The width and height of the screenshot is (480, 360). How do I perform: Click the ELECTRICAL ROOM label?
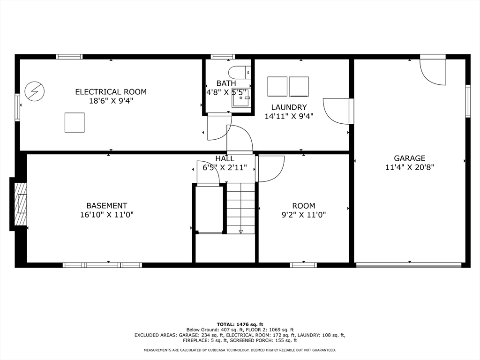[x=111, y=92]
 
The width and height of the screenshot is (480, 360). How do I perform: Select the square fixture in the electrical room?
[x=75, y=122]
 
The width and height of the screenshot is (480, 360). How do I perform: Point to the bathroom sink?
[x=241, y=98]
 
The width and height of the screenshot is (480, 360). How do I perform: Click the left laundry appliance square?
[x=277, y=86]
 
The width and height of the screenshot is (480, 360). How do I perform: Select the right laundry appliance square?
[x=299, y=86]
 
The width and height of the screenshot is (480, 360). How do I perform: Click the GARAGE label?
[x=409, y=158]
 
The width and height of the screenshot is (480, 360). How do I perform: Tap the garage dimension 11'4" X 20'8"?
[x=409, y=167]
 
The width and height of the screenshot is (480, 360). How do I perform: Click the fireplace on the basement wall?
[x=20, y=204]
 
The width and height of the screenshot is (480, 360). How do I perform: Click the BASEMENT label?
[x=106, y=206]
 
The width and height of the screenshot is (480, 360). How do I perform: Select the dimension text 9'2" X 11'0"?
[x=303, y=215]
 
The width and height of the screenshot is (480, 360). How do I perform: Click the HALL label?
[x=225, y=159]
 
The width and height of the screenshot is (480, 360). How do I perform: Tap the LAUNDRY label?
[x=289, y=107]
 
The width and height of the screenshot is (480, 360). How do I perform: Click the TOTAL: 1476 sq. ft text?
[x=240, y=324]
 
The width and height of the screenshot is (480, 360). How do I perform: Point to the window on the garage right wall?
[x=467, y=101]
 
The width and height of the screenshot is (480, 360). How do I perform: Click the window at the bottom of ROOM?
[x=303, y=265]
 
